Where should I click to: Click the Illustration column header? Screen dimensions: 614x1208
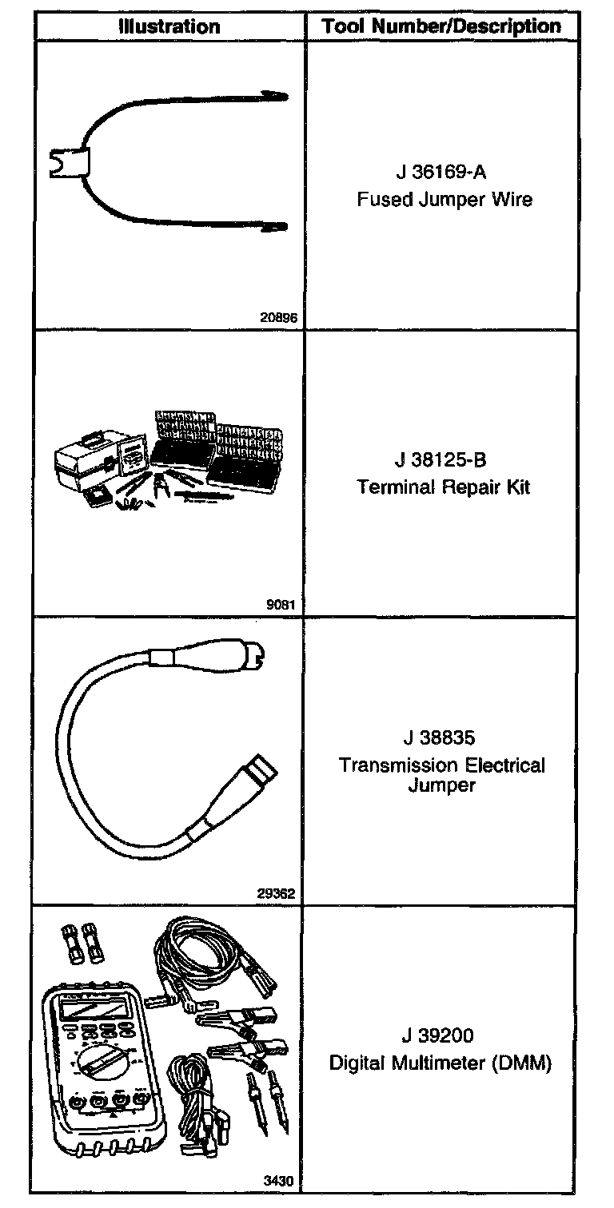pos(169,26)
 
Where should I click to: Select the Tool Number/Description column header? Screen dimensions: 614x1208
pos(441,26)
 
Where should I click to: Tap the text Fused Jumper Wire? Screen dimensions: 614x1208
pos(444,200)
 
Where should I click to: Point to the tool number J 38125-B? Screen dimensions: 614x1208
pos(441,462)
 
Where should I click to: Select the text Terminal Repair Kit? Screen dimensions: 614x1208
pos(443,487)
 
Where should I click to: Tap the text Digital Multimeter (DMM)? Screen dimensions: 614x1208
pos(441,1063)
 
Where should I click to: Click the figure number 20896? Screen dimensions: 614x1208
pos(278,317)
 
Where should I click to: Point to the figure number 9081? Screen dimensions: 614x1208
pos(281,605)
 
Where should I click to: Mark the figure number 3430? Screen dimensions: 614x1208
pos(281,1179)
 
